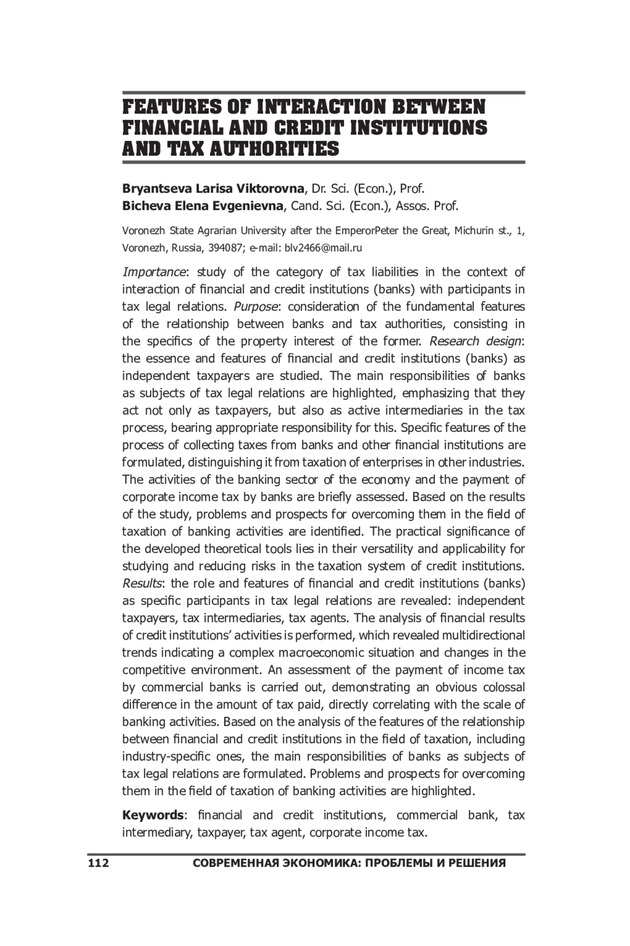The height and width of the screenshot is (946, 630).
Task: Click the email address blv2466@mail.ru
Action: pyautogui.click(x=323, y=248)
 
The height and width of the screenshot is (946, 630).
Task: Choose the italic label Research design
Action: pyautogui.click(x=476, y=341)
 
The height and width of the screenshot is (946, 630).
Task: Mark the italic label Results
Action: pyautogui.click(x=142, y=583)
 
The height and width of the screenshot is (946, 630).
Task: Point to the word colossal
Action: pyautogui.click(x=503, y=687)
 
